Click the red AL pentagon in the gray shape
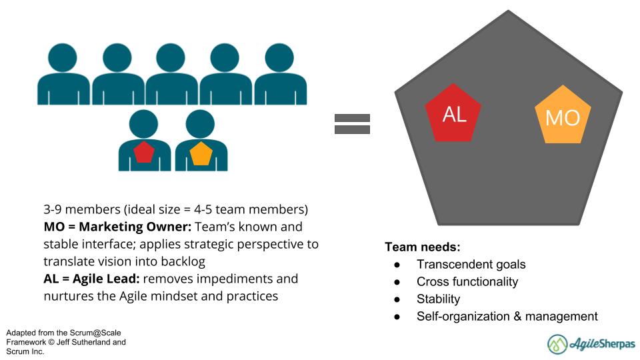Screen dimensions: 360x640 click(454, 114)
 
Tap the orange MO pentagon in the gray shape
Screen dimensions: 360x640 click(562, 117)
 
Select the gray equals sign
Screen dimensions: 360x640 click(351, 123)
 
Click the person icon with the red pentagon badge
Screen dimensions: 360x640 click(144, 142)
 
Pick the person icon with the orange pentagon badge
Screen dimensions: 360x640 click(201, 142)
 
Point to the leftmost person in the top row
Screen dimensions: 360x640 click(63, 75)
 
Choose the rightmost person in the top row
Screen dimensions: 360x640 click(280, 75)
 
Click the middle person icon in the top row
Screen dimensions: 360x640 click(171, 75)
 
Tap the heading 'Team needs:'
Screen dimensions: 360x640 click(422, 247)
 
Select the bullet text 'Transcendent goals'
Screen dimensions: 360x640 click(471, 265)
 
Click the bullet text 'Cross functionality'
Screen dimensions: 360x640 click(467, 282)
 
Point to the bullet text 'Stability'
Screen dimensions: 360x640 click(438, 299)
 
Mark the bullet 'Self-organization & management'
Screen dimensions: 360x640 click(507, 317)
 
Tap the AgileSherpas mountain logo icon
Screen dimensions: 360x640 click(557, 344)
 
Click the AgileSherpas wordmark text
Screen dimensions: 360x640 click(602, 344)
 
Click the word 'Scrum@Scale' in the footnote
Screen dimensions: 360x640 click(97, 333)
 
